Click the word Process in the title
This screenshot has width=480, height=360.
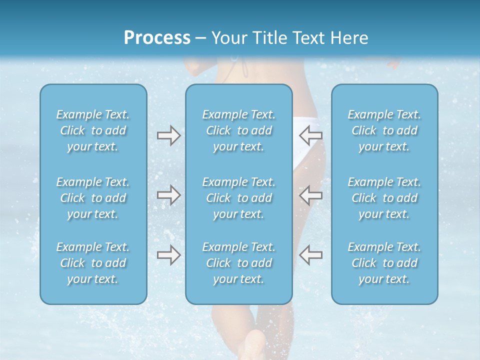pos(157,38)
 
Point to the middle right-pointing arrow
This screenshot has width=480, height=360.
pos(168,195)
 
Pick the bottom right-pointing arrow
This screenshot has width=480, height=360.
pos(168,255)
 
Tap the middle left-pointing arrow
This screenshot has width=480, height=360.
pos(310,195)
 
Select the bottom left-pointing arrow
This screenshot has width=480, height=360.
pos(310,255)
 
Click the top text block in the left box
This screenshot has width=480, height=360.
pos(93,130)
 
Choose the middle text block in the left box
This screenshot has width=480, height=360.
pos(93,198)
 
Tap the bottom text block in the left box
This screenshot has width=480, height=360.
pos(93,263)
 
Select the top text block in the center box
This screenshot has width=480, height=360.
pos(239,130)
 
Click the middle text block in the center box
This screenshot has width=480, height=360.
pos(239,198)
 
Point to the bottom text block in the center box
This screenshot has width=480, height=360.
pos(239,263)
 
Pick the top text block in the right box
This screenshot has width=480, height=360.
pos(384,130)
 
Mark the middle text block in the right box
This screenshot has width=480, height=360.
pos(384,198)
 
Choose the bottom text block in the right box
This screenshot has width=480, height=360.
pos(384,263)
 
